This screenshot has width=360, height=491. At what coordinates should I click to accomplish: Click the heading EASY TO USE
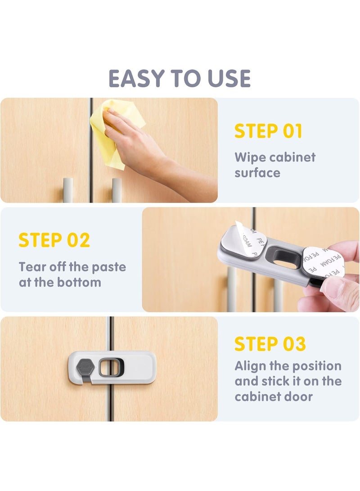click(180, 78)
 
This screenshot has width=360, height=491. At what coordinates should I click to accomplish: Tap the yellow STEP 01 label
click(268, 131)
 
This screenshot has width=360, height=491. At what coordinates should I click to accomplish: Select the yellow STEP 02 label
click(54, 240)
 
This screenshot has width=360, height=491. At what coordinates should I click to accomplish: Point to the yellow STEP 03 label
click(270, 344)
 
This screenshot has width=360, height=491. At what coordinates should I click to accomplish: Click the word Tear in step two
click(31, 267)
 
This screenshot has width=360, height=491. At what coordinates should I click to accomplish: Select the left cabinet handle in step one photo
click(68, 189)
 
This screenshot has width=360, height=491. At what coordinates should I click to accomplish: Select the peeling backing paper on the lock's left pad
click(245, 239)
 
